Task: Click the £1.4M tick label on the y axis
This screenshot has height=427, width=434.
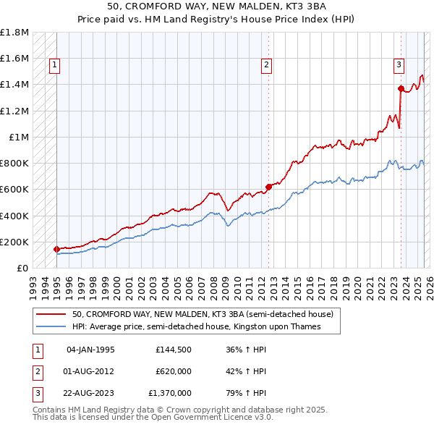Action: pos(14,85)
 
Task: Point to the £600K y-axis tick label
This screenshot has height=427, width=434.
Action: pos(14,190)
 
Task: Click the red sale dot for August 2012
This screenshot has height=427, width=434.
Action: pos(268,187)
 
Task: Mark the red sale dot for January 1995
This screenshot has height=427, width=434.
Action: pos(57,249)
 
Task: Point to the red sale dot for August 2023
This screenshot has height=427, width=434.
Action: pos(400,88)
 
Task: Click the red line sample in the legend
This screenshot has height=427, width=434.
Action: pos(51,315)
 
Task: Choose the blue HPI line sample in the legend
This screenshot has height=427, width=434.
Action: pos(51,327)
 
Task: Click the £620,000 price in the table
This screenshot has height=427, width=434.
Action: pos(173,371)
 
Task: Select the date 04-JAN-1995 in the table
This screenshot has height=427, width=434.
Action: pos(90,350)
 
